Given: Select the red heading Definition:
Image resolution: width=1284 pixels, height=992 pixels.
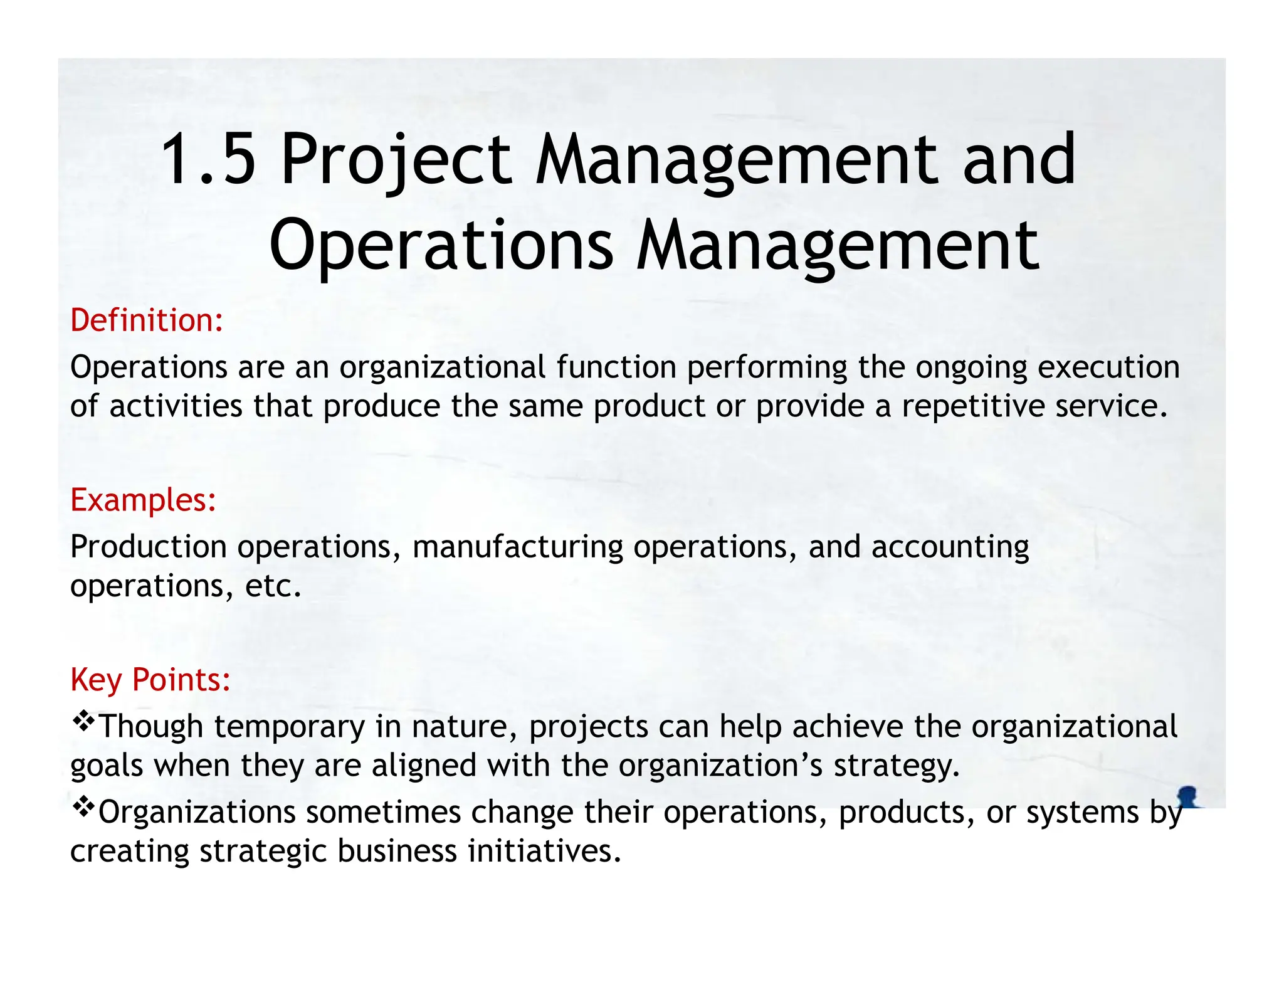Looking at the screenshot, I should coord(147,320).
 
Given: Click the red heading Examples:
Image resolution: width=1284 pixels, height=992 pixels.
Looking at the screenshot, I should coord(143,500).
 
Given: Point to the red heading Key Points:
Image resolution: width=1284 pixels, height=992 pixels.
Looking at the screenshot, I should coord(150,680).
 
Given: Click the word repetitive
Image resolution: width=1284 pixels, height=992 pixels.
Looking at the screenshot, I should coord(973,406).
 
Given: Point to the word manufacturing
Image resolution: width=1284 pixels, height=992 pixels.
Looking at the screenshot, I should coord(517,547).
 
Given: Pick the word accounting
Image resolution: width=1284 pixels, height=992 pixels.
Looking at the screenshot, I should coord(950,547).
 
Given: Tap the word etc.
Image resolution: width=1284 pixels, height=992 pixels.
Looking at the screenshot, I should coord(273,586).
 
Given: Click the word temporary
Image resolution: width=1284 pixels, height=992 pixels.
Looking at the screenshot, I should coord(290,727).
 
